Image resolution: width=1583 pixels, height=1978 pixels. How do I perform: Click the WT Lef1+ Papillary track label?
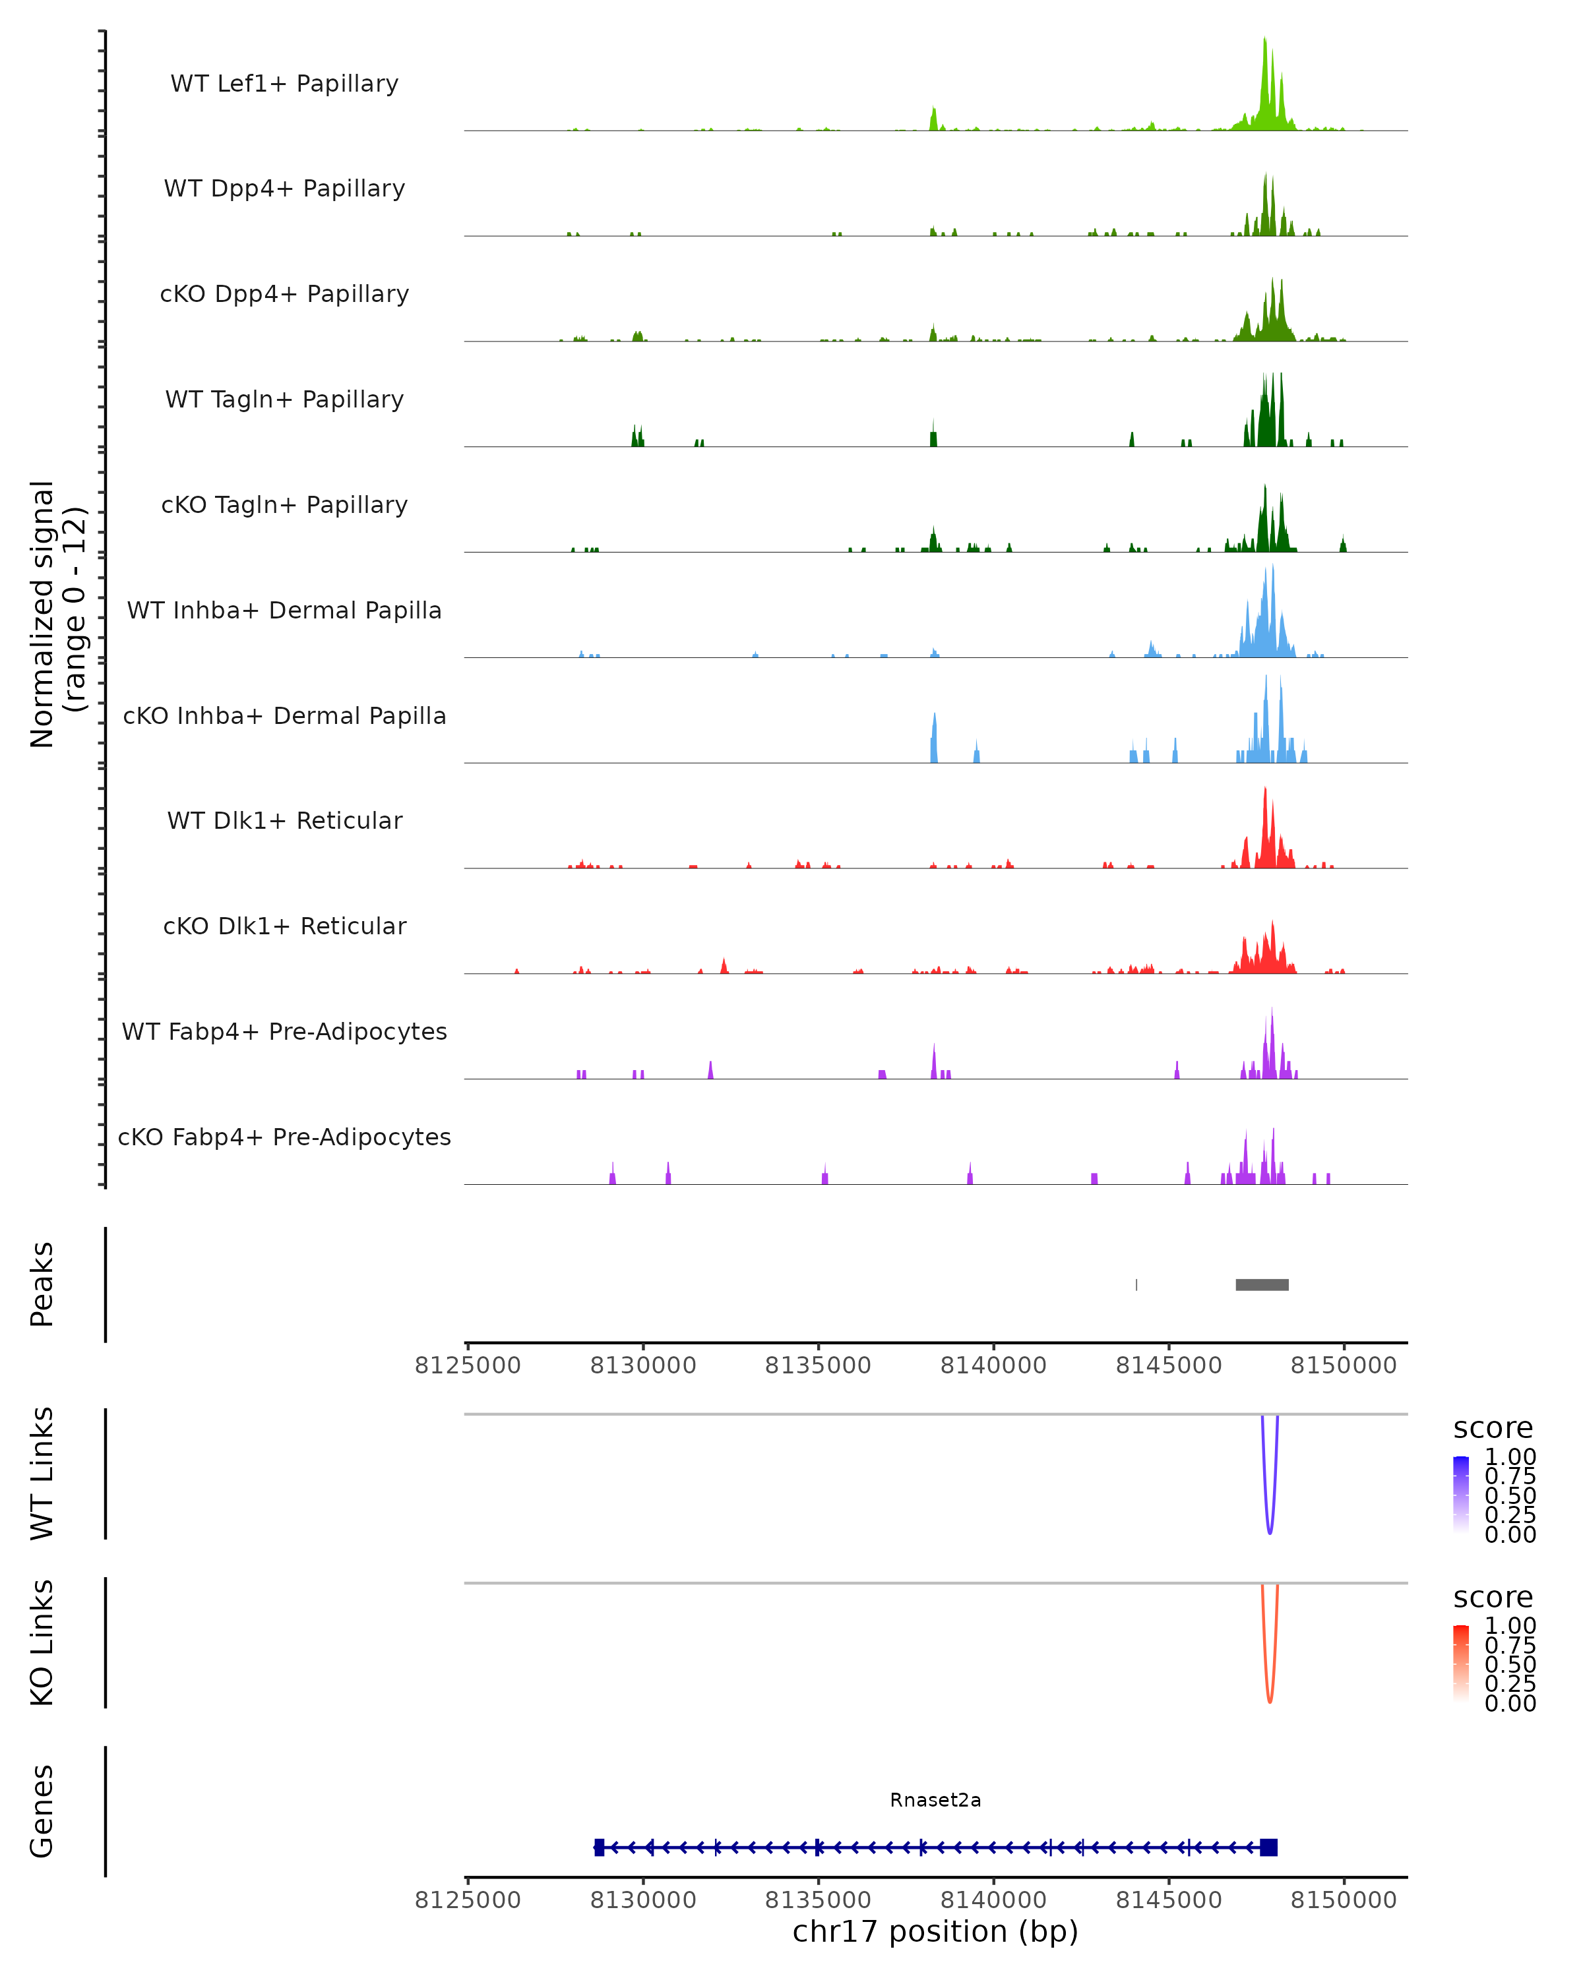click(x=284, y=84)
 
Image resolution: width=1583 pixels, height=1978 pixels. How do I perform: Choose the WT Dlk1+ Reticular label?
click(x=284, y=820)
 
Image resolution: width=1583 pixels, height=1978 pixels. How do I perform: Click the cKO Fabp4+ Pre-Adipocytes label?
click(x=284, y=1137)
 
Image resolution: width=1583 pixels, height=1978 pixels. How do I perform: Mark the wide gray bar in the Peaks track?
click(x=1262, y=1284)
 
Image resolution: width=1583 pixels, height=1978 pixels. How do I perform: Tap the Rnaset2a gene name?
click(x=935, y=1800)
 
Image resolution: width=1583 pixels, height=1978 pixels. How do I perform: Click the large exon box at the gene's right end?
click(x=1268, y=1847)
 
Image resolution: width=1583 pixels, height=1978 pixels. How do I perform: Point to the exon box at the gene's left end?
click(x=600, y=1847)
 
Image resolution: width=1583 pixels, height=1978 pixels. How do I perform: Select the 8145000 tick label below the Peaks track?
click(x=1168, y=1365)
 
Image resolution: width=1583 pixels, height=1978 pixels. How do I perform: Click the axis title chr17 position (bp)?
click(x=935, y=1931)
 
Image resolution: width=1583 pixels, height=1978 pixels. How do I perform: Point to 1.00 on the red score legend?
click(x=1510, y=1625)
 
